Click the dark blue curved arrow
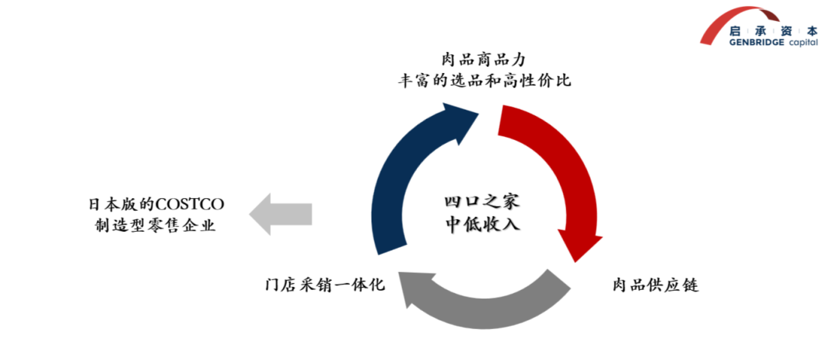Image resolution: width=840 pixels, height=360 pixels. tap(397, 179)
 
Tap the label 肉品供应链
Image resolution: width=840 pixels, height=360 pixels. tap(654, 285)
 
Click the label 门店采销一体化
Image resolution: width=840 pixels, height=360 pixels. tap(324, 285)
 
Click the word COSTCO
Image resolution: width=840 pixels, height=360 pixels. tap(190, 204)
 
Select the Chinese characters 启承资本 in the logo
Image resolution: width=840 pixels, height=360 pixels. tap(774, 30)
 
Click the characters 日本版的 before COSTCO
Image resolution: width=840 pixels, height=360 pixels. tap(121, 204)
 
